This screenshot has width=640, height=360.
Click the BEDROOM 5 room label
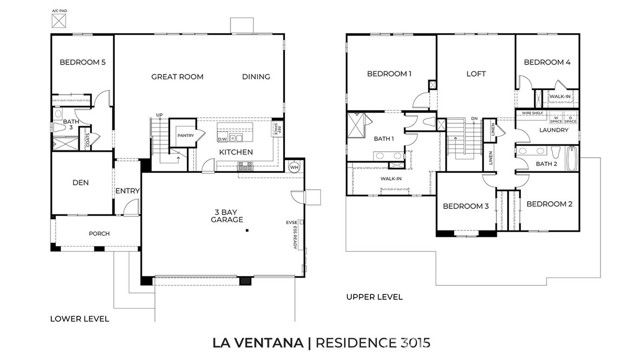(83, 63)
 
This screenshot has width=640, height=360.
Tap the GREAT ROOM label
(178, 76)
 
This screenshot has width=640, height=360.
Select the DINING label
(257, 76)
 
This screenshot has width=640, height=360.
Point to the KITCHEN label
(236, 152)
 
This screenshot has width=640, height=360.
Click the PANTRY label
(185, 134)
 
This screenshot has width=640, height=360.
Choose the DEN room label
(83, 182)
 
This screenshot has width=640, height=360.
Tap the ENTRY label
(127, 191)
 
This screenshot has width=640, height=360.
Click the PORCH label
(99, 234)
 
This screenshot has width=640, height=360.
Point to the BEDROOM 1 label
(389, 74)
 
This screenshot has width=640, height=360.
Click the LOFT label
(475, 74)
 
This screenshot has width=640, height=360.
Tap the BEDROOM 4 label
(547, 63)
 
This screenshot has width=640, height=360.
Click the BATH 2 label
(546, 163)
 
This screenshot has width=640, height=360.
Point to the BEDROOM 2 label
(549, 204)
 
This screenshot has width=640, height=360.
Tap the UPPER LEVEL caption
(374, 297)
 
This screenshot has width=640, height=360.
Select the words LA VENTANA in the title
(258, 343)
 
